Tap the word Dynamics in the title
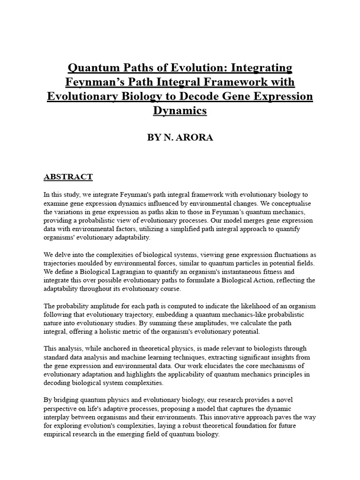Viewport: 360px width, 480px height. (x=180, y=111)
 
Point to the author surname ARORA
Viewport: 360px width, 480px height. (x=193, y=138)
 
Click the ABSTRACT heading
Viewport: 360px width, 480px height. (x=68, y=177)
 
